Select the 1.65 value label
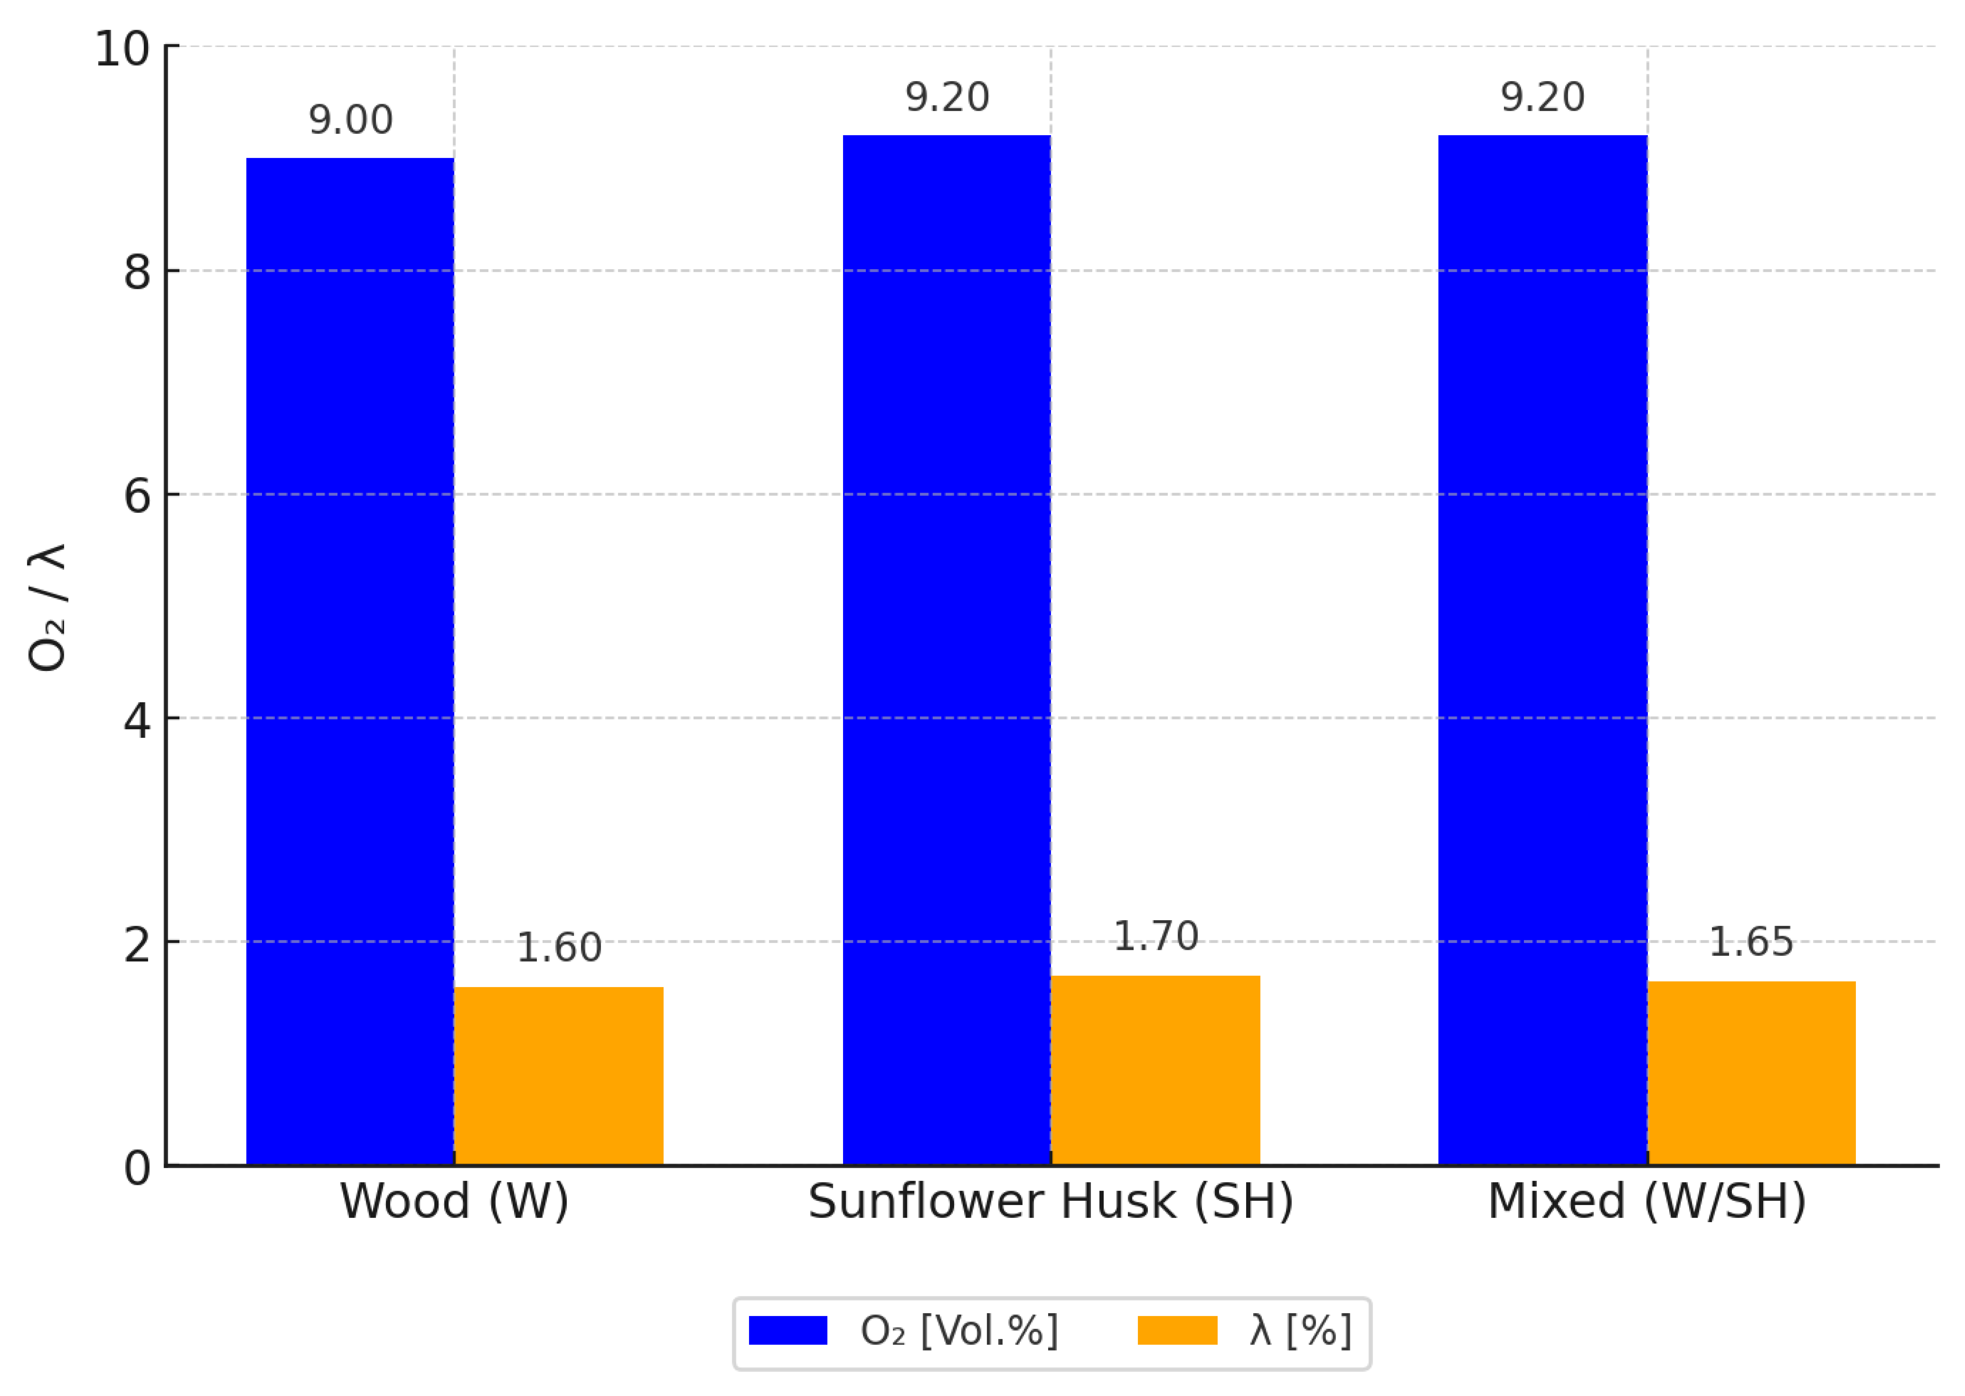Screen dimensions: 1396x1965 [1751, 942]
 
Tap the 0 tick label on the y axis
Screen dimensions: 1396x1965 [138, 1167]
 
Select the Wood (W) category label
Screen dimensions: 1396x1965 [454, 1202]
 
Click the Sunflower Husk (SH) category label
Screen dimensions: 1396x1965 [1051, 1202]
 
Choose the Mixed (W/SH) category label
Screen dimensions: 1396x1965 [1647, 1202]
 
